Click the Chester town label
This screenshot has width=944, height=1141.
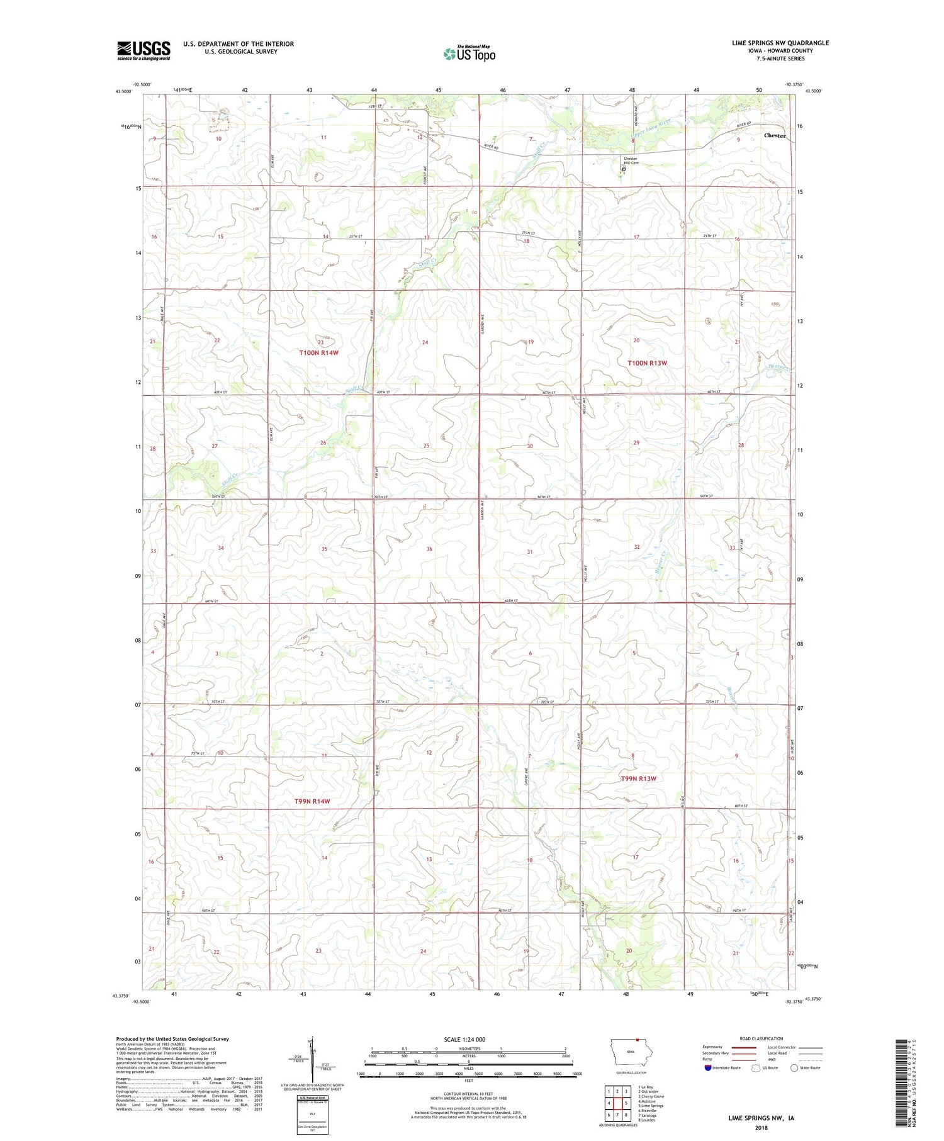click(x=774, y=135)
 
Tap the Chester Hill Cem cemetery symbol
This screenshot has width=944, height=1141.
click(x=624, y=169)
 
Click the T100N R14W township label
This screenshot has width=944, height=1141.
click(x=318, y=353)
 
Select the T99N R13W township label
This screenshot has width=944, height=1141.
click(x=638, y=778)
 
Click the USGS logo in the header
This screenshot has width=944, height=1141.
click(x=143, y=50)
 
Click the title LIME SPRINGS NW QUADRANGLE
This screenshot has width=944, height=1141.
click(x=780, y=43)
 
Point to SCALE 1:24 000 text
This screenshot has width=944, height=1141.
click(x=464, y=1039)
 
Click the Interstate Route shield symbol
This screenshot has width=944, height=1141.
click(x=708, y=1068)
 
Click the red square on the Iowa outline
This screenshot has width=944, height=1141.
click(x=637, y=1040)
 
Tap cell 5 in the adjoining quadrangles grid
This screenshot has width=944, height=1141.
click(x=626, y=1103)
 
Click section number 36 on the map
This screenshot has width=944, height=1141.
click(x=429, y=549)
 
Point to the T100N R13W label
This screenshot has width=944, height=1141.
click(x=646, y=363)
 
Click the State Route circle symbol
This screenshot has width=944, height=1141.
click(x=794, y=1068)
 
